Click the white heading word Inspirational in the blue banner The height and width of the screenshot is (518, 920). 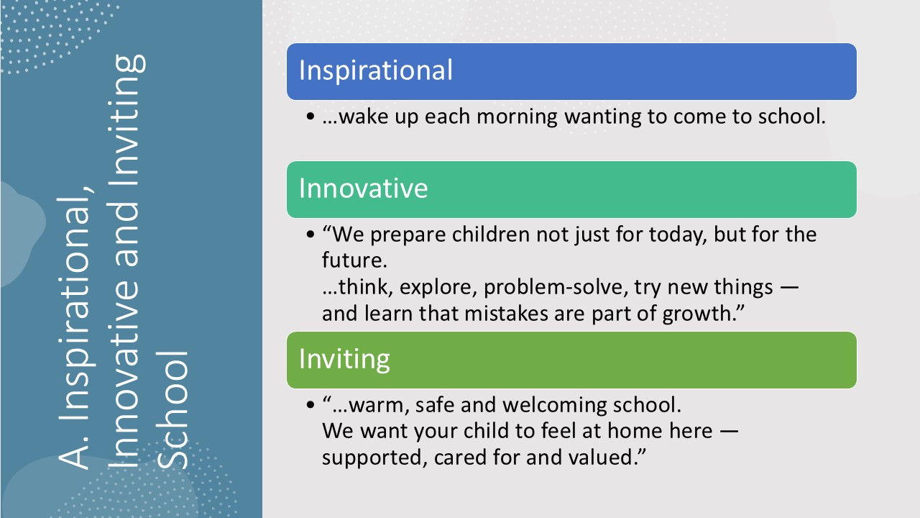375,71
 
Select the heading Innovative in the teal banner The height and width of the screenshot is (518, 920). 364,188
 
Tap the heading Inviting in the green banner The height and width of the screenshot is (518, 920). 344,360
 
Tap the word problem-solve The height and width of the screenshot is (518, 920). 553,287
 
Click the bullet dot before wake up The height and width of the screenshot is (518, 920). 310,117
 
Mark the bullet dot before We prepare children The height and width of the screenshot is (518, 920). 310,235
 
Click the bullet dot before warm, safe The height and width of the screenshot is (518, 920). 310,405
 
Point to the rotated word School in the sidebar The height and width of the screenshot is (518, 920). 172,410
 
